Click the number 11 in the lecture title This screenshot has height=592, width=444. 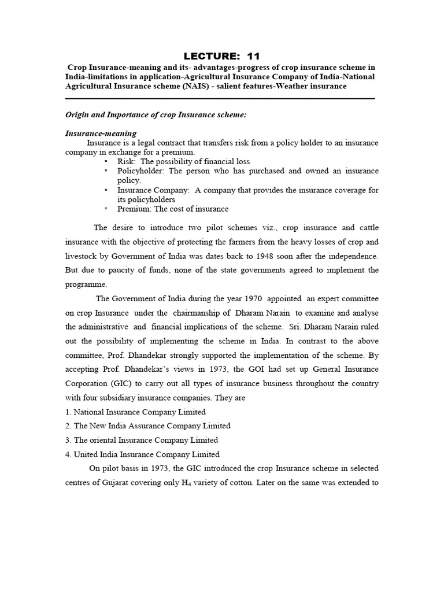click(x=253, y=56)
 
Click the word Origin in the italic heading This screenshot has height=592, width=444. click(x=77, y=115)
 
